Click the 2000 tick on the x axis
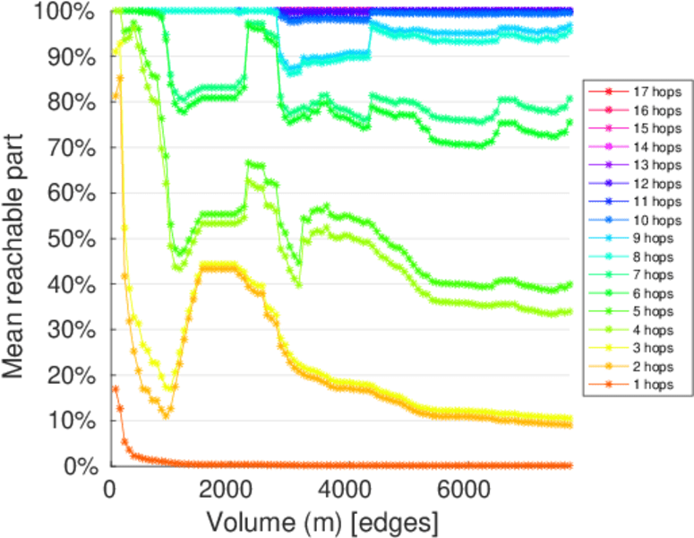pyautogui.click(x=227, y=489)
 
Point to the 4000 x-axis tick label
pyautogui.click(x=344, y=489)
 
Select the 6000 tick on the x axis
pyautogui.click(x=460, y=489)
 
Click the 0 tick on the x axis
pyautogui.click(x=109, y=489)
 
